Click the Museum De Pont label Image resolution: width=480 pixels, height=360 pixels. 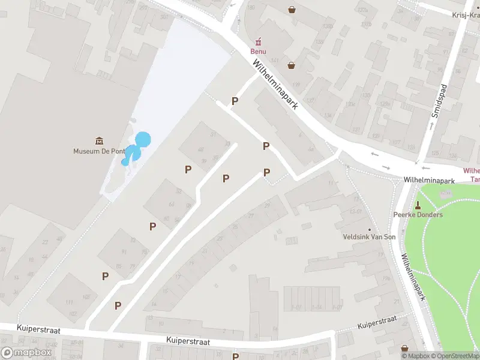click(x=98, y=151)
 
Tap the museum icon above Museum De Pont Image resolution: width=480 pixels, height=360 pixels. click(x=98, y=140)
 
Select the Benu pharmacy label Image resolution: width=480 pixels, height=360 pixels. click(x=259, y=51)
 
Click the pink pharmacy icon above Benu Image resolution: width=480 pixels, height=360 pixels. click(x=259, y=41)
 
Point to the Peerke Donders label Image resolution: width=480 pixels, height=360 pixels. click(x=418, y=215)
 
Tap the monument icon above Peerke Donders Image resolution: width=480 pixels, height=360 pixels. click(x=418, y=205)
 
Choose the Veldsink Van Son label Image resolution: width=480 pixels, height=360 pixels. click(x=369, y=238)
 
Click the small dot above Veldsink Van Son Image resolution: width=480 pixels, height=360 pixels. click(x=369, y=229)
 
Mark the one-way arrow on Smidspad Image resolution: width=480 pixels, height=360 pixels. click(x=431, y=126)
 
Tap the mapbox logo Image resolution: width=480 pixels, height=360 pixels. click(x=26, y=353)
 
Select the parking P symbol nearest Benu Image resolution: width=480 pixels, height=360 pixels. click(x=235, y=101)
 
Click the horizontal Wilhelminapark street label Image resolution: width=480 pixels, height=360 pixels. click(x=428, y=180)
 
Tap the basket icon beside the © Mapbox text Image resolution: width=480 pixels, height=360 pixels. click(x=404, y=348)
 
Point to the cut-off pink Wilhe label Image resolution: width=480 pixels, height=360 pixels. click(x=472, y=170)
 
